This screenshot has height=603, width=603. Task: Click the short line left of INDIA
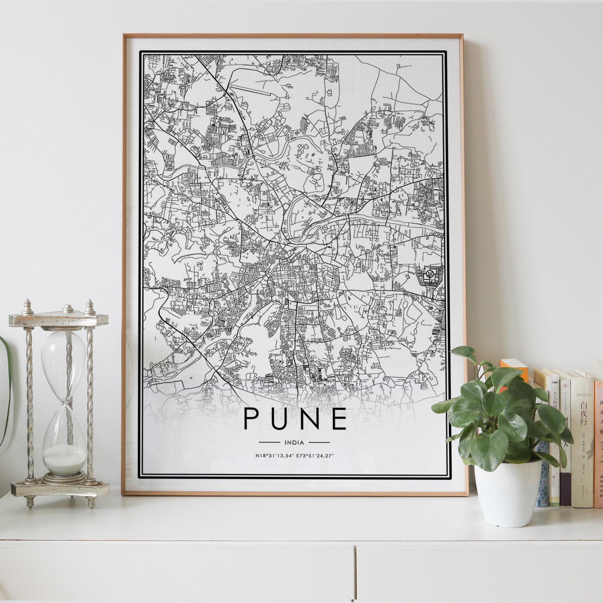270,442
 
